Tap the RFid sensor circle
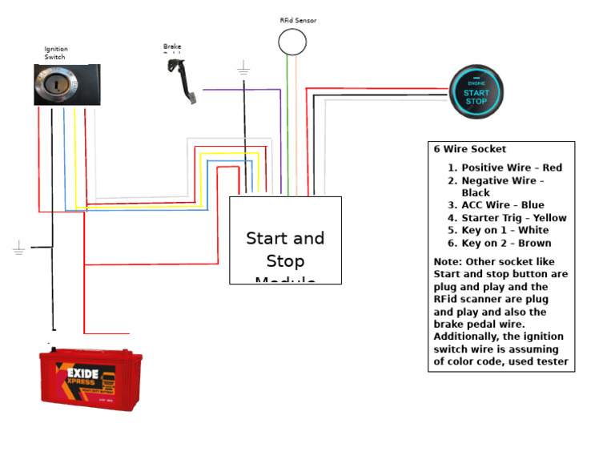(x=291, y=42)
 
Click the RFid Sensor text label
(x=297, y=20)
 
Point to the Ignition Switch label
(x=55, y=53)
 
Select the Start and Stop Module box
(x=285, y=240)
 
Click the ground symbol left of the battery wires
(x=19, y=248)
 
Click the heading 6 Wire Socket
(x=469, y=149)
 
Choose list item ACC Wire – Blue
(x=502, y=205)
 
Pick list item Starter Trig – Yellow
(x=513, y=218)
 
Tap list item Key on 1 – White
(x=504, y=230)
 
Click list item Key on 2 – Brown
(x=506, y=243)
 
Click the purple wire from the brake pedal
(x=240, y=90)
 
